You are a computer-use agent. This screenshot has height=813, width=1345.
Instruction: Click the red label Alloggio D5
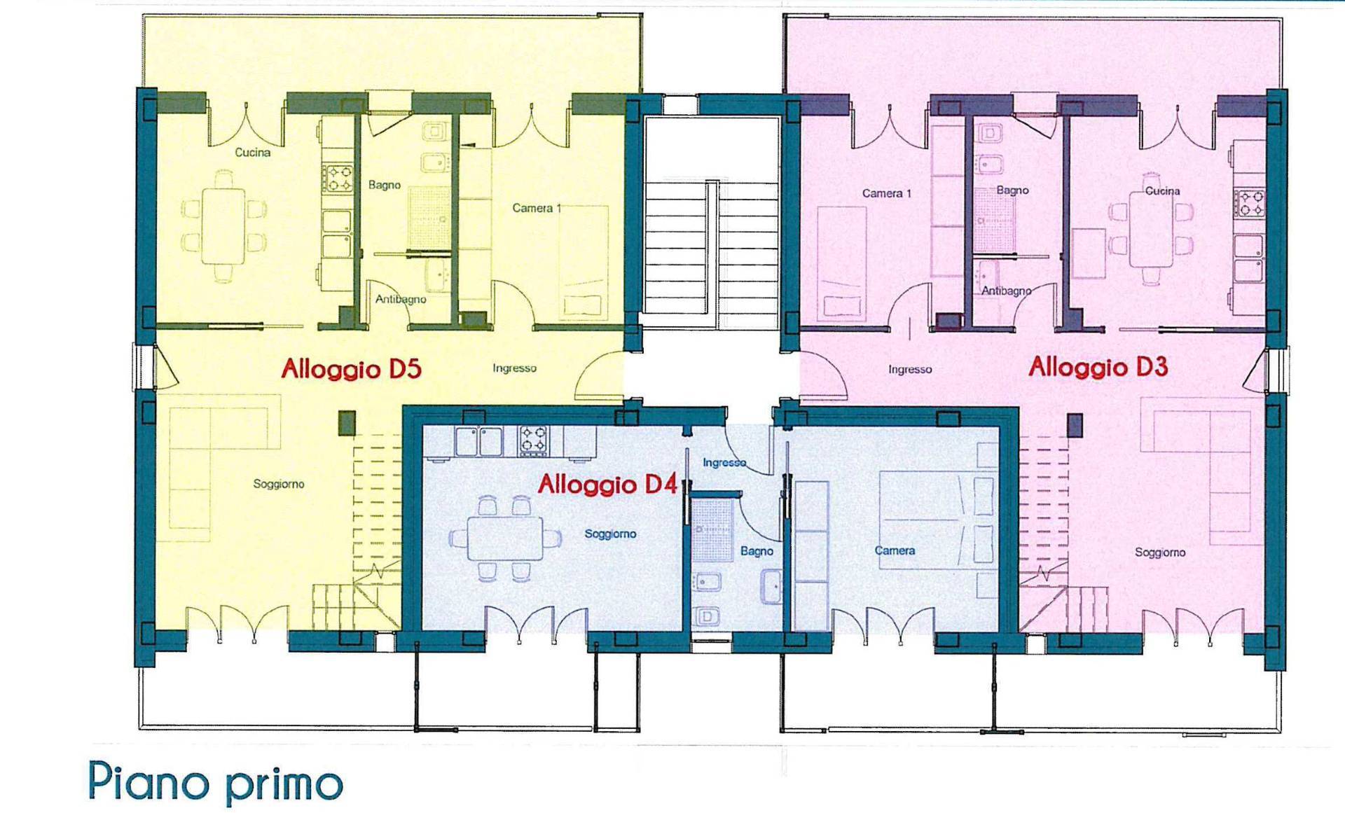pos(351,369)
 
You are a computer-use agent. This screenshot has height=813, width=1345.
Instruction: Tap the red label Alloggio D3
pos(1098,367)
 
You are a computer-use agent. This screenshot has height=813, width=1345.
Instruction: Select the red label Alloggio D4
pos(607,485)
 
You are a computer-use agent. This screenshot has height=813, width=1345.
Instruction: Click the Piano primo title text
pos(215,782)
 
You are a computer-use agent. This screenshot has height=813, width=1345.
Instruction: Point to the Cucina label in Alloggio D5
pos(252,153)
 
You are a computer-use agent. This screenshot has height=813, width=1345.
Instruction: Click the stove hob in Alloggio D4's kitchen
pos(533,441)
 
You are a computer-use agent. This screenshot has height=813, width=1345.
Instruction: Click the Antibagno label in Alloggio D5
pos(400,299)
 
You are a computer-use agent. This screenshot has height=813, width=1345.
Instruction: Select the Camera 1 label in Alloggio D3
pos(886,193)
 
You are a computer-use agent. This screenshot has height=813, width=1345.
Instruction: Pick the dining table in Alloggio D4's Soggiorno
pos(505,538)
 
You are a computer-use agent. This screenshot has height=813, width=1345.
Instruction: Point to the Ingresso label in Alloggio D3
pos(910,369)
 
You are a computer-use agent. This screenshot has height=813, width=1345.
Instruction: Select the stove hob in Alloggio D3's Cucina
pos(1249,202)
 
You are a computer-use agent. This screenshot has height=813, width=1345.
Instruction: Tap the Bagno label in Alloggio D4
pos(757,551)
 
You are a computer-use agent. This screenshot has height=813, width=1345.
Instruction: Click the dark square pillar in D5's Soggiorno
pos(347,423)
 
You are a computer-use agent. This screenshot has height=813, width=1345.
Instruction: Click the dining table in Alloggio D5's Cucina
pos(223,226)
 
